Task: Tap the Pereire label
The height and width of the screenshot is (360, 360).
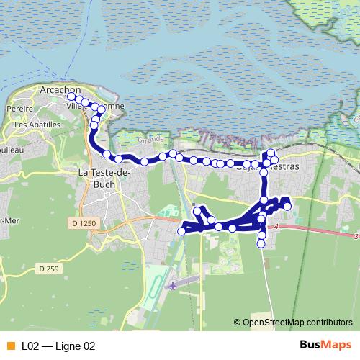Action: tap(20, 109)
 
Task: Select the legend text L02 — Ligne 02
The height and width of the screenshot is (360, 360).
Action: tap(58, 346)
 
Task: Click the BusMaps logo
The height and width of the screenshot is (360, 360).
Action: tap(325, 345)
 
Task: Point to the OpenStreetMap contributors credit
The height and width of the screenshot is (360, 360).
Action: tap(297, 323)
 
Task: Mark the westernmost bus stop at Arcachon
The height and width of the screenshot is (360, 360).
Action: tap(71, 96)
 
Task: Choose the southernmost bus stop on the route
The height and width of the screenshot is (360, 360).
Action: tap(261, 243)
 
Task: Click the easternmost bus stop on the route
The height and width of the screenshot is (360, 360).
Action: tap(287, 207)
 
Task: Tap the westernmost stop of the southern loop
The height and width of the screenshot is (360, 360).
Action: tap(181, 231)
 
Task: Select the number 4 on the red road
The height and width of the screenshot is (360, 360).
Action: tap(276, 227)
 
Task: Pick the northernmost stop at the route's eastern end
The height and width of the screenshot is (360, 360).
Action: tap(271, 152)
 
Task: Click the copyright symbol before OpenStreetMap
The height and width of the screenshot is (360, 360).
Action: tap(238, 323)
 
